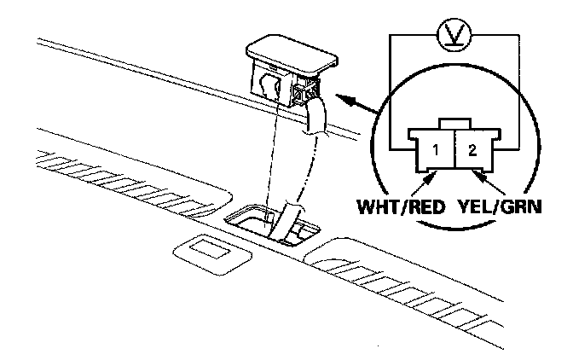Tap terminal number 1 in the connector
(436, 152)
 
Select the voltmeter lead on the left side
(389, 85)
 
